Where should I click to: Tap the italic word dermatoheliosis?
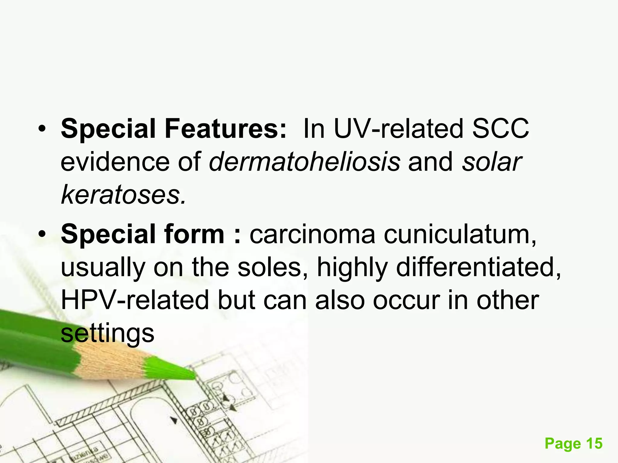point(305,162)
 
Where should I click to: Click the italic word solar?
point(492,162)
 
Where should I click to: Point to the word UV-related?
point(398,129)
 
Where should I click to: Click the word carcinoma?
point(312,234)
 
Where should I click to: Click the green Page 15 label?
point(573,444)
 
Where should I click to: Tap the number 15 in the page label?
point(594,444)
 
